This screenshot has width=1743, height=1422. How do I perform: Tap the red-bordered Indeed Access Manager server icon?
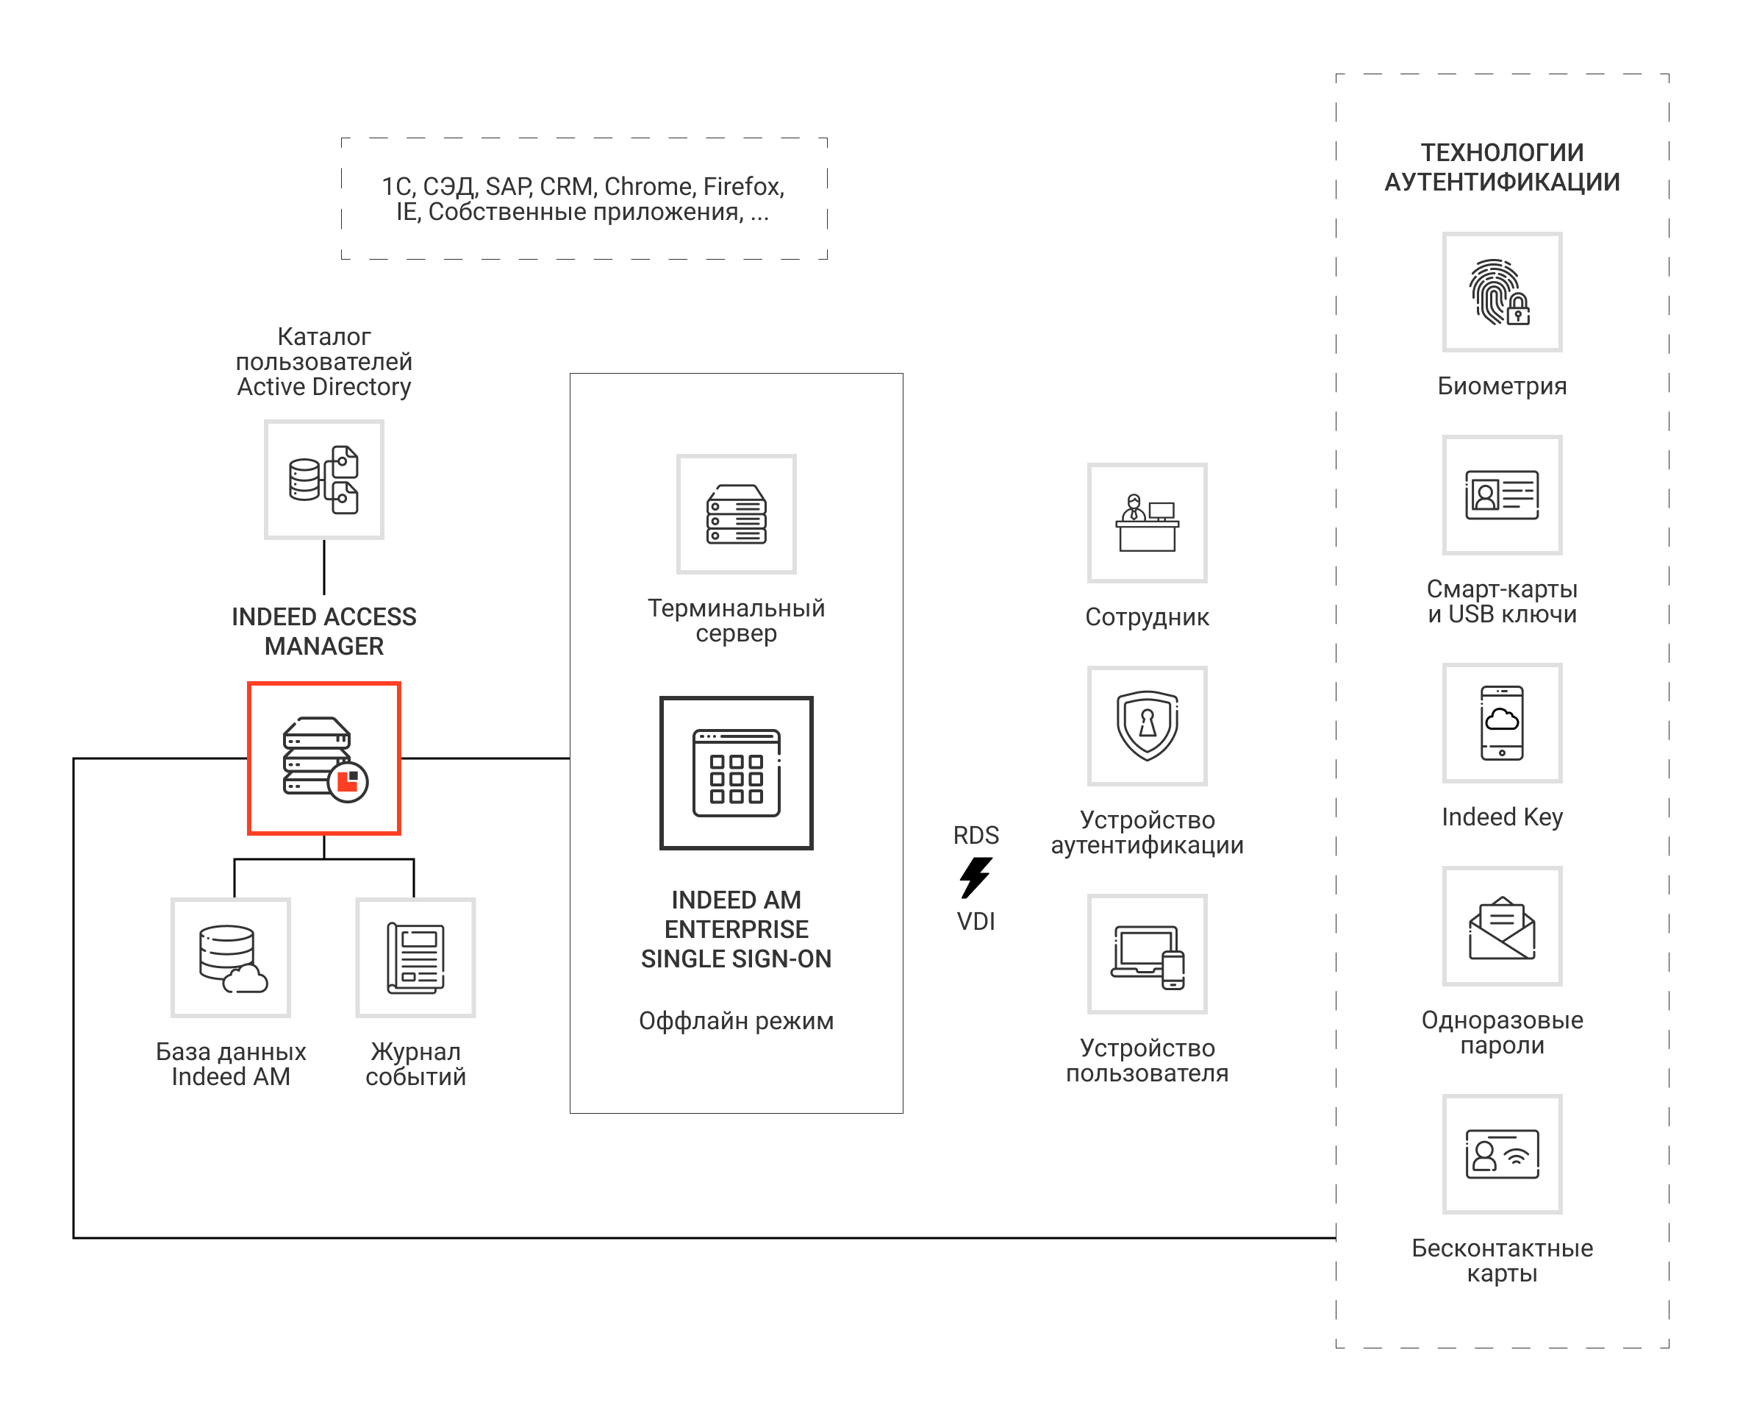point(324,758)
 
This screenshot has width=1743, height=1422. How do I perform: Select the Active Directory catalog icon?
point(324,479)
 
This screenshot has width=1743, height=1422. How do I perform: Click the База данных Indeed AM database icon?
point(231,957)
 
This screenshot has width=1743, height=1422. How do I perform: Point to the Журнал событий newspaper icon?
point(415,957)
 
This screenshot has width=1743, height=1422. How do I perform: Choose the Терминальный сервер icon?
point(736,513)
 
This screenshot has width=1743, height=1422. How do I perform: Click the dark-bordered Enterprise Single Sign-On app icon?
point(736,772)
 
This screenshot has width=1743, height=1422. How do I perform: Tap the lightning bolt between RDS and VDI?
point(975,878)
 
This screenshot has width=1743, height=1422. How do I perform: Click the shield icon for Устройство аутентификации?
point(1146,725)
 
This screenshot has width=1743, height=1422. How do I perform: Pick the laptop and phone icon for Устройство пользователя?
point(1146,953)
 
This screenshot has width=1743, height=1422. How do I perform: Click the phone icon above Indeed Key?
point(1500,722)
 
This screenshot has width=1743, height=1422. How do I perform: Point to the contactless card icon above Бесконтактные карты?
point(1500,1153)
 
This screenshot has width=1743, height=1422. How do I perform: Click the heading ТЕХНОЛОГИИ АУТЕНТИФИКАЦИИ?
point(1500,167)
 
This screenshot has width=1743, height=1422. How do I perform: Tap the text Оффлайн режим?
point(736,1020)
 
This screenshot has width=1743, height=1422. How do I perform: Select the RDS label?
point(975,835)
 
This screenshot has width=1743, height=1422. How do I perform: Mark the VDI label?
point(975,921)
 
